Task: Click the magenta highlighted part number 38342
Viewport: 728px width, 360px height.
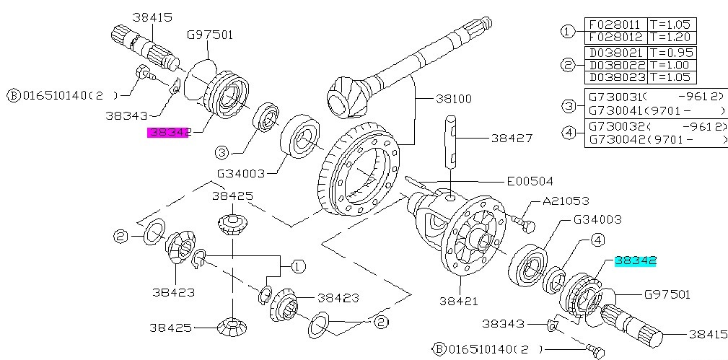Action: pos(168,132)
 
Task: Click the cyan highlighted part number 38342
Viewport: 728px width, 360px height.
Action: pos(635,261)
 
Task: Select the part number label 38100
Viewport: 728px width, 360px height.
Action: pos(452,97)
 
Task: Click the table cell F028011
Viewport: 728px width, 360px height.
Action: pos(615,24)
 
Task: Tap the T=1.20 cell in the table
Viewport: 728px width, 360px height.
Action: pos(672,37)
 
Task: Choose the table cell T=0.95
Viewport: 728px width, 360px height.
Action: pos(672,52)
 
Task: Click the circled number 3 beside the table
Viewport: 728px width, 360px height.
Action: pos(568,107)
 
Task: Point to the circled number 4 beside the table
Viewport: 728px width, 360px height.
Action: pos(568,133)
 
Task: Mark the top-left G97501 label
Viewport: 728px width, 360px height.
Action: pos(210,34)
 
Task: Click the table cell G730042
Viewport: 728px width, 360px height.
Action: pos(615,140)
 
